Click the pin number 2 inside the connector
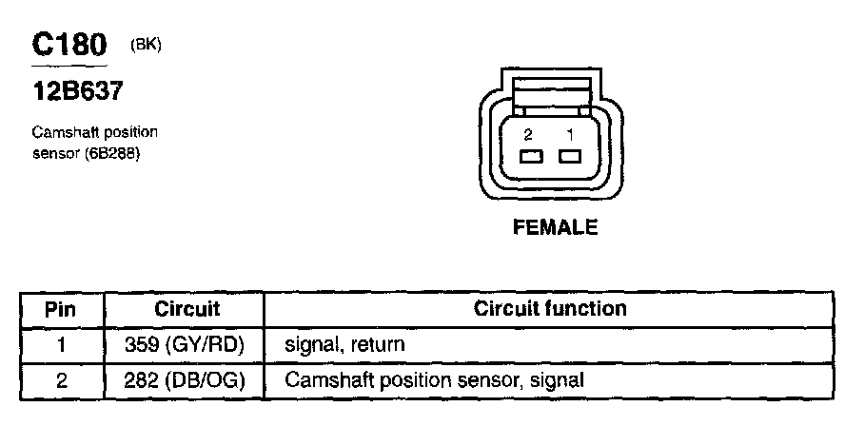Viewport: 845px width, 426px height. coord(528,134)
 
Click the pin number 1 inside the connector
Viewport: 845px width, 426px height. coord(568,134)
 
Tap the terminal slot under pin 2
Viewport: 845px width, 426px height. coord(529,157)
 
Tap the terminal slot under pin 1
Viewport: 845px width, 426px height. coord(569,157)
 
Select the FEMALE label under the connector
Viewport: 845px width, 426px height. coord(555,227)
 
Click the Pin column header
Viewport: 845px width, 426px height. coord(60,309)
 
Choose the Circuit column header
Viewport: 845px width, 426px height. coord(187,309)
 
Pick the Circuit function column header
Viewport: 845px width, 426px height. coord(550,309)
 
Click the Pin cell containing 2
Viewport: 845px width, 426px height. coord(60,380)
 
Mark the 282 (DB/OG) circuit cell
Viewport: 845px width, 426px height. coord(187,380)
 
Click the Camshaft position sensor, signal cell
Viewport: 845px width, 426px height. coord(434,380)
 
